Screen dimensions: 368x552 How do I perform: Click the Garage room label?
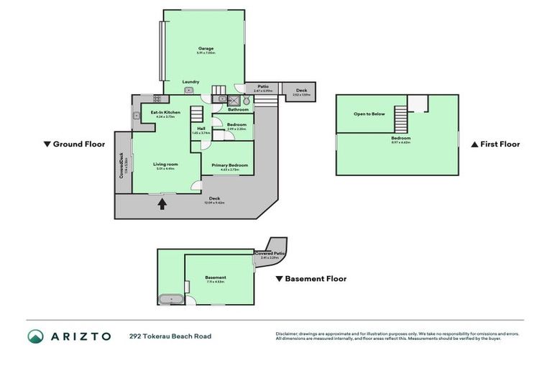(206, 48)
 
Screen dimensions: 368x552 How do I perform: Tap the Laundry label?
(190, 81)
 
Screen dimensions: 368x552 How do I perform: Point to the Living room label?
(165, 164)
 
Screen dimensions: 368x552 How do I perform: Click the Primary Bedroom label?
(230, 165)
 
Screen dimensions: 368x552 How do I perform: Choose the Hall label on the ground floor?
(201, 129)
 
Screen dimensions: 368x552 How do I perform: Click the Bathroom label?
(238, 110)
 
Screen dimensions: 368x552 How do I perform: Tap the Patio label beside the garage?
(264, 87)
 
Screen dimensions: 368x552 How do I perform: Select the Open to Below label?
(369, 114)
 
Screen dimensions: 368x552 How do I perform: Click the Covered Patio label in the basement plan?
(270, 254)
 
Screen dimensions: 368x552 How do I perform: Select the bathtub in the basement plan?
(170, 298)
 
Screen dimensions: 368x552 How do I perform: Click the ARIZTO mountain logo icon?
(35, 336)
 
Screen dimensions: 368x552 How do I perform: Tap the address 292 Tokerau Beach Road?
(170, 336)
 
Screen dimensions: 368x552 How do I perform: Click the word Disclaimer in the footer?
(287, 333)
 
